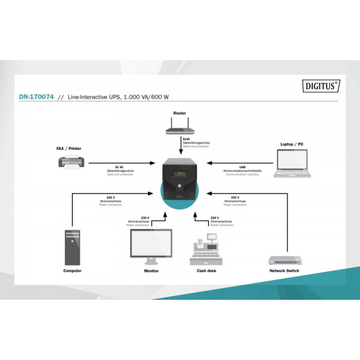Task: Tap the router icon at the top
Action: [x=180, y=127]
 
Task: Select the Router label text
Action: [x=179, y=113]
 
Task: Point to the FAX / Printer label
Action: [x=69, y=148]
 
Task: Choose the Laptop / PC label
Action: [x=292, y=143]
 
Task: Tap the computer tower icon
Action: [x=73, y=245]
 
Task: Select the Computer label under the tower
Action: [x=73, y=270]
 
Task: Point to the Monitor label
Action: [x=151, y=270]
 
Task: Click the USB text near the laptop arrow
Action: [x=243, y=167]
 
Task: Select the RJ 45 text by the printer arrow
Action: [x=120, y=167]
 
